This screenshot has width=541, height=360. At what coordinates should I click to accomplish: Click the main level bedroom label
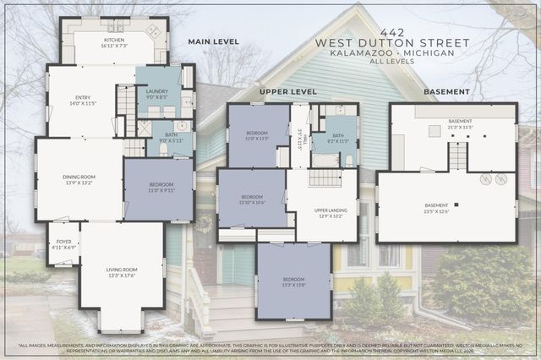click(x=160, y=188)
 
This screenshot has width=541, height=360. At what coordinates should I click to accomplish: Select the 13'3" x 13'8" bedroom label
click(x=293, y=282)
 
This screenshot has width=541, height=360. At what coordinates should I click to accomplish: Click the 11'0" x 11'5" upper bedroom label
click(x=258, y=135)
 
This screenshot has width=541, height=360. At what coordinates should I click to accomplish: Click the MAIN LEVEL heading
click(x=213, y=41)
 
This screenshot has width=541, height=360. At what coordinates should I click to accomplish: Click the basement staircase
click(x=456, y=155)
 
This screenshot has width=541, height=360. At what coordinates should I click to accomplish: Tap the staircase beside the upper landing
click(x=325, y=177)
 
